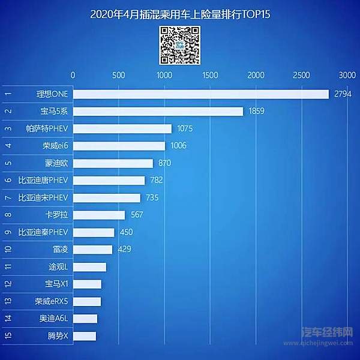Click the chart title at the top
[179, 14]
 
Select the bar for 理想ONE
[201, 94]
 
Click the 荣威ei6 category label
[55, 146]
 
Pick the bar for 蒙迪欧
[113, 163]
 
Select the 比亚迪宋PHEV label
[44, 197]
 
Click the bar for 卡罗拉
[99, 215]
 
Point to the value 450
[126, 232]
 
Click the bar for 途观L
[89, 267]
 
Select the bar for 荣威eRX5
[87, 301]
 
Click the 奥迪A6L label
[55, 319]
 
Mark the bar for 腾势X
[85, 336]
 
